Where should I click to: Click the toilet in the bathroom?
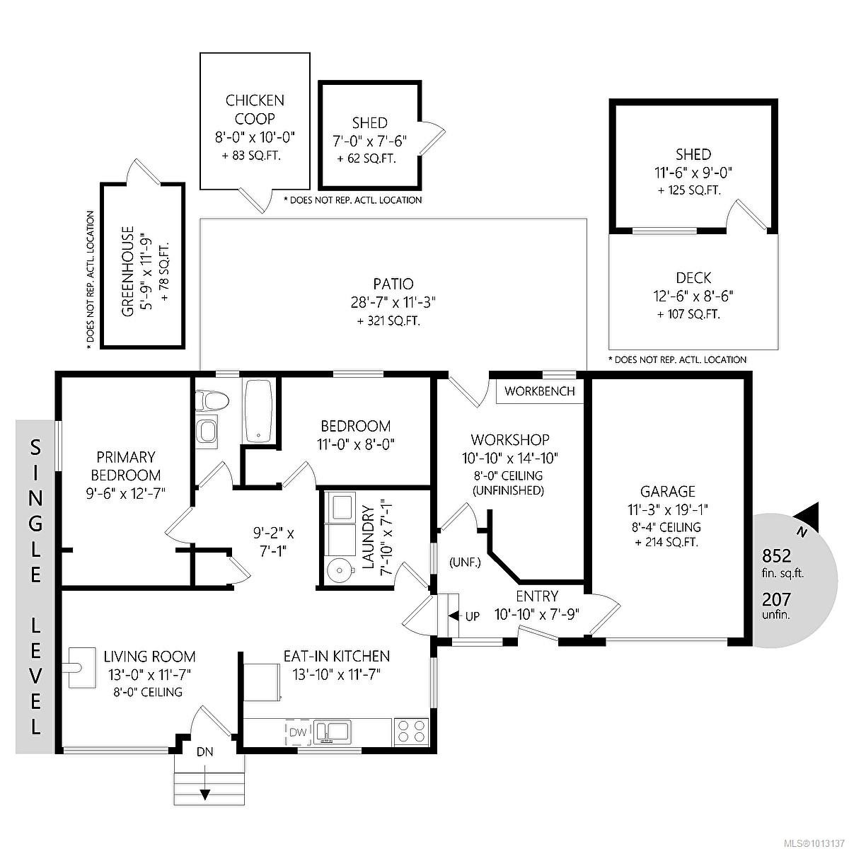[212, 402]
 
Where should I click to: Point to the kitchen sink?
[333, 730]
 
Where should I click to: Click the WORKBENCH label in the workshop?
[540, 391]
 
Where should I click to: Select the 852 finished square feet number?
[776, 555]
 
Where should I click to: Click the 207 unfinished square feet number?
[776, 599]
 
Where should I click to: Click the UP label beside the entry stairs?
[472, 616]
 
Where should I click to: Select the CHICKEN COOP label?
[255, 110]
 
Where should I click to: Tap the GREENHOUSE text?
[127, 272]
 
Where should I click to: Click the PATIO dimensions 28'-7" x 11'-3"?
[393, 303]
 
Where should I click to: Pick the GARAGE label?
[667, 491]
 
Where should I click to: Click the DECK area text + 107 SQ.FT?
[688, 315]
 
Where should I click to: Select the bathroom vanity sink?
[207, 431]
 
